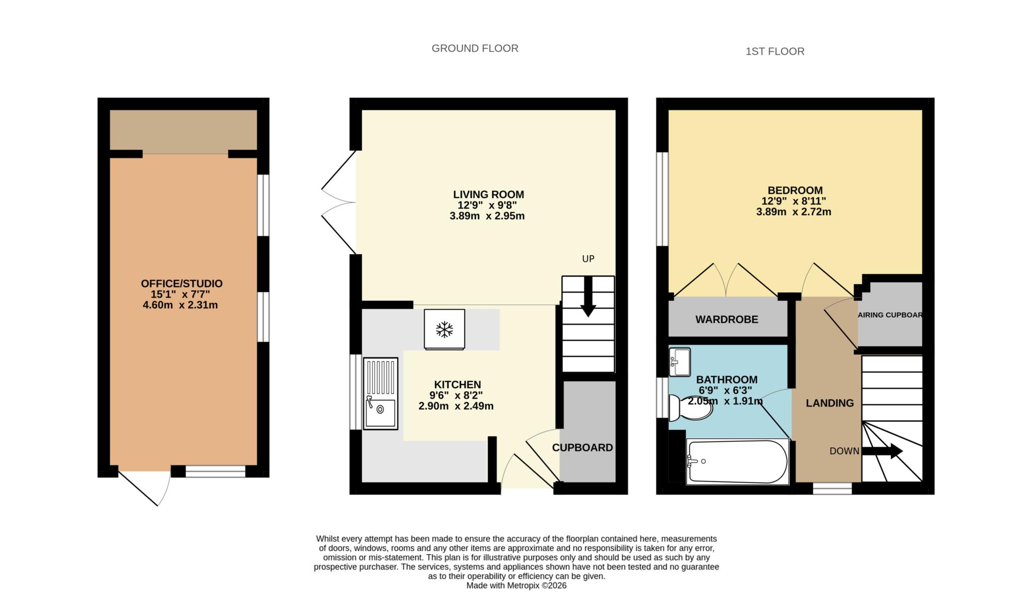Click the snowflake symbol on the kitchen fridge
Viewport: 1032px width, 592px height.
click(x=444, y=330)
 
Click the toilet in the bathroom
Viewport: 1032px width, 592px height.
click(x=691, y=408)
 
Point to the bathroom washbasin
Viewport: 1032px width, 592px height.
click(x=679, y=362)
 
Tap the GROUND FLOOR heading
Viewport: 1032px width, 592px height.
click(x=475, y=48)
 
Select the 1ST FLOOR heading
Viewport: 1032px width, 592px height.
click(x=775, y=51)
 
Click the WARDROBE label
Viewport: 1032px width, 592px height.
click(x=726, y=319)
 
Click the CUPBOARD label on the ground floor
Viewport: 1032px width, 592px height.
click(x=582, y=447)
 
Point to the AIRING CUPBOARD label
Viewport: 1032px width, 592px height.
click(x=890, y=315)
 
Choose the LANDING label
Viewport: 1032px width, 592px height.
click(x=829, y=403)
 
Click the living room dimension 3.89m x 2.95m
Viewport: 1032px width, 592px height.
click(x=487, y=216)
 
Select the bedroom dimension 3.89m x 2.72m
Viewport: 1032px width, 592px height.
click(x=793, y=212)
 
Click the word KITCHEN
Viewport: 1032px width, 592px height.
click(x=457, y=384)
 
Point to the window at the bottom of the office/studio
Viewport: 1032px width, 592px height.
click(x=215, y=472)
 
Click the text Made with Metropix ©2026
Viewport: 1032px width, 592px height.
click(x=516, y=585)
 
